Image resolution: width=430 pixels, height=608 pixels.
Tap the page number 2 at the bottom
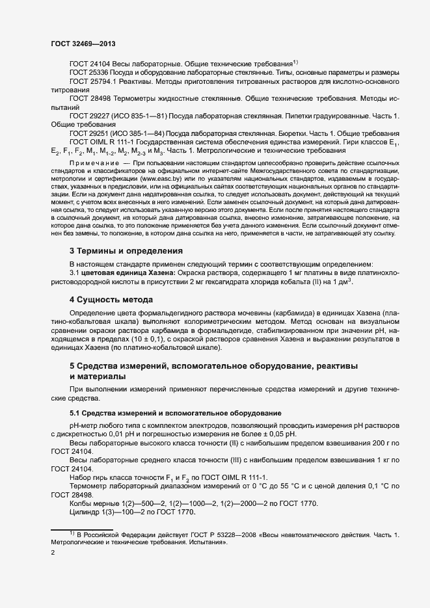(52, 553)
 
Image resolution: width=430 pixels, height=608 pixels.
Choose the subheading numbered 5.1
(176, 413)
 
